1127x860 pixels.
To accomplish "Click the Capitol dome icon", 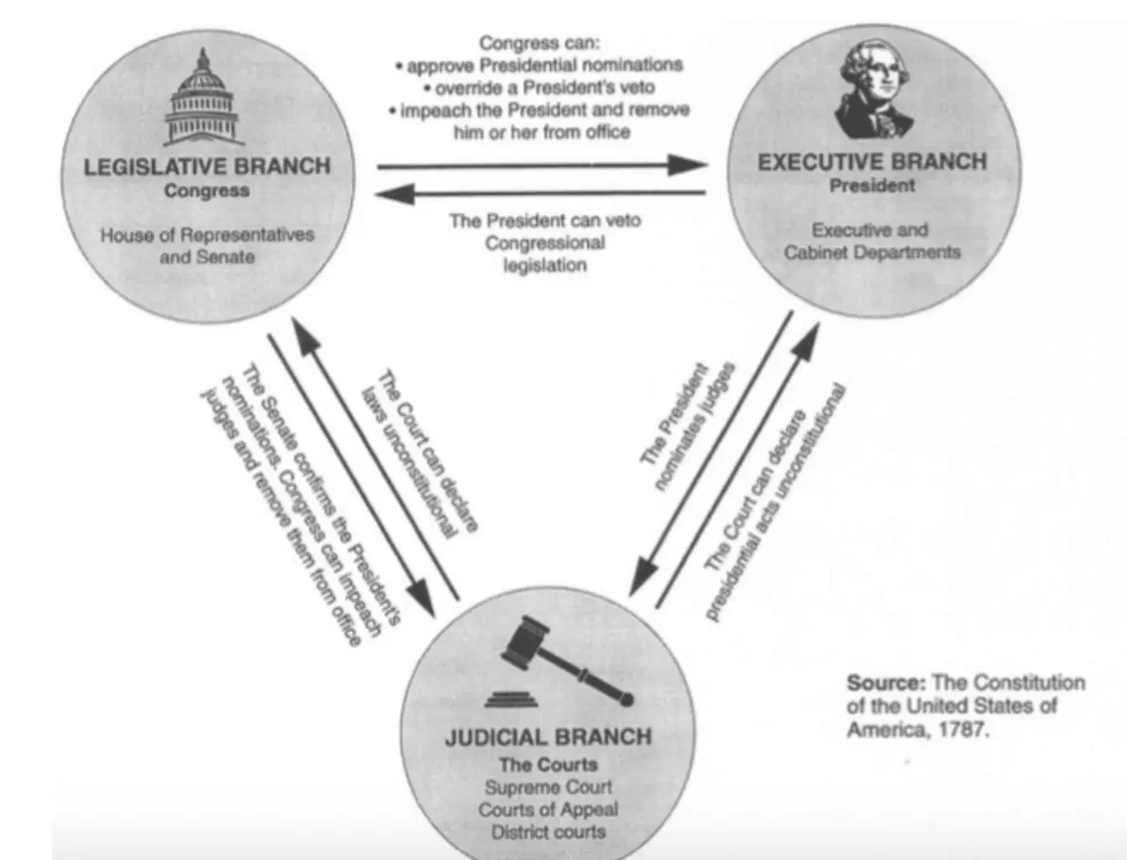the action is tap(204, 97).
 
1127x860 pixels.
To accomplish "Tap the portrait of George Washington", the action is tap(873, 89).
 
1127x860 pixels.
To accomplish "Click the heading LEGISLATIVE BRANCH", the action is tap(207, 166).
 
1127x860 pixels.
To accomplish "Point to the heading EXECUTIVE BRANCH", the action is tap(873, 162).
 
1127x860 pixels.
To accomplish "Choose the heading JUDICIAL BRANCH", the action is tap(548, 737).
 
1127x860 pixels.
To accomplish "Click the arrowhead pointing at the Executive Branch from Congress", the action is tap(688, 165).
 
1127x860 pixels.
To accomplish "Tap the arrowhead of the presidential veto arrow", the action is tap(395, 194).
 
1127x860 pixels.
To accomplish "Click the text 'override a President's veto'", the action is tap(540, 88).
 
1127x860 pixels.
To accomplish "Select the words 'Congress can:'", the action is tap(540, 43).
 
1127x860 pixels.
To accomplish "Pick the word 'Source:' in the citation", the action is tap(886, 683).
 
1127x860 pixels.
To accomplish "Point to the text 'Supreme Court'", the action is tap(548, 787).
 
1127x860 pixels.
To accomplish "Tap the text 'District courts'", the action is tap(548, 831).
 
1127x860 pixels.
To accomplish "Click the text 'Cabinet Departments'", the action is tap(873, 252).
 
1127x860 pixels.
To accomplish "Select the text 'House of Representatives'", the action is tap(207, 234).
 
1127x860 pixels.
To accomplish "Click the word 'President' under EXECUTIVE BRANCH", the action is tap(873, 186).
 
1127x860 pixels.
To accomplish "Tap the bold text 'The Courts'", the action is tap(548, 764).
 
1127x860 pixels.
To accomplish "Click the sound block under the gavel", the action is tap(511, 700).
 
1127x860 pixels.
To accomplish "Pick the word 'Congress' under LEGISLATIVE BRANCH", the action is tap(207, 191).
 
